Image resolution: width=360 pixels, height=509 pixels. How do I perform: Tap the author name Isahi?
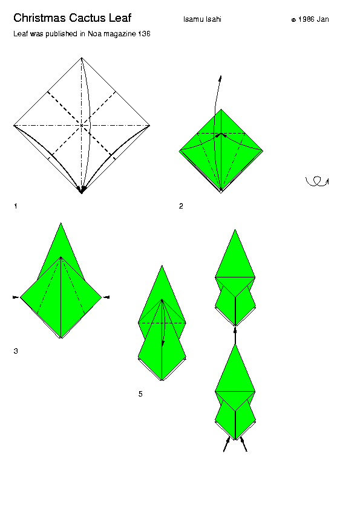click(x=214, y=19)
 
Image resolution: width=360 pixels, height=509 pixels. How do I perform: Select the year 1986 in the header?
click(x=306, y=19)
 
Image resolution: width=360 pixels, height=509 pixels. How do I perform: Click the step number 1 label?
click(x=16, y=206)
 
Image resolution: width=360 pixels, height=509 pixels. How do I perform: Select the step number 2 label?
click(x=181, y=206)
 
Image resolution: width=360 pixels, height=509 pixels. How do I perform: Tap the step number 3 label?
click(x=16, y=351)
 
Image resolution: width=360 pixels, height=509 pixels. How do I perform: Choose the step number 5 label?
click(x=140, y=394)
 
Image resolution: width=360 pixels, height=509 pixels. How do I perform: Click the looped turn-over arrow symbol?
click(x=317, y=181)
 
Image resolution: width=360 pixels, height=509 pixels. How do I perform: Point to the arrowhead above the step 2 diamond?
click(x=220, y=78)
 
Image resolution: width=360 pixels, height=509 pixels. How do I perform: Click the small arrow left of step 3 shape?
click(x=16, y=297)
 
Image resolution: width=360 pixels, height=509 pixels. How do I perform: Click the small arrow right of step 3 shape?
click(x=106, y=297)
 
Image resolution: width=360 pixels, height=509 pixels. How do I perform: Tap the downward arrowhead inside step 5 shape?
click(x=163, y=343)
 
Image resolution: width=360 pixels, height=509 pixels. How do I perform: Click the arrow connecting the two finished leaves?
click(x=235, y=336)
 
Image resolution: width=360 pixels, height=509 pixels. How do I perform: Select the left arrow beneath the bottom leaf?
click(x=227, y=444)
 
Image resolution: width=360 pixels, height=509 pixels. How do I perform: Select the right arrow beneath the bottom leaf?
click(x=244, y=444)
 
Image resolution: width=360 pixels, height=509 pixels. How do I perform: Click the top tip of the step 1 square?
click(x=82, y=58)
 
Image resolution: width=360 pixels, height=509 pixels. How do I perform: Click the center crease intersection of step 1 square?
click(x=82, y=125)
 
